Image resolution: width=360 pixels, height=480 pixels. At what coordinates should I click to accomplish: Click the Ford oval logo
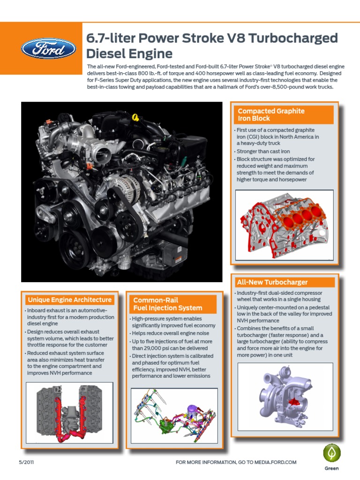click(48, 49)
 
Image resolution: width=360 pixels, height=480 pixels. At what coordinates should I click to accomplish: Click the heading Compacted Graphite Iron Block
click(271, 115)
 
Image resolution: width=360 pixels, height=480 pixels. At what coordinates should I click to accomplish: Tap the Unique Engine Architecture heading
click(69, 300)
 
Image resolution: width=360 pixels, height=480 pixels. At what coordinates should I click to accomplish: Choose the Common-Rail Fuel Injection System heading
click(167, 304)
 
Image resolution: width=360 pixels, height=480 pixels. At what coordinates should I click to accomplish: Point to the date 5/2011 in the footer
click(26, 462)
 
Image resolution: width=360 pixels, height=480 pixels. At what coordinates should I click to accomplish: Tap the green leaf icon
click(331, 453)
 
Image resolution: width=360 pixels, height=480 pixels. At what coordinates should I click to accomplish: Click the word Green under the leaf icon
click(331, 468)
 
